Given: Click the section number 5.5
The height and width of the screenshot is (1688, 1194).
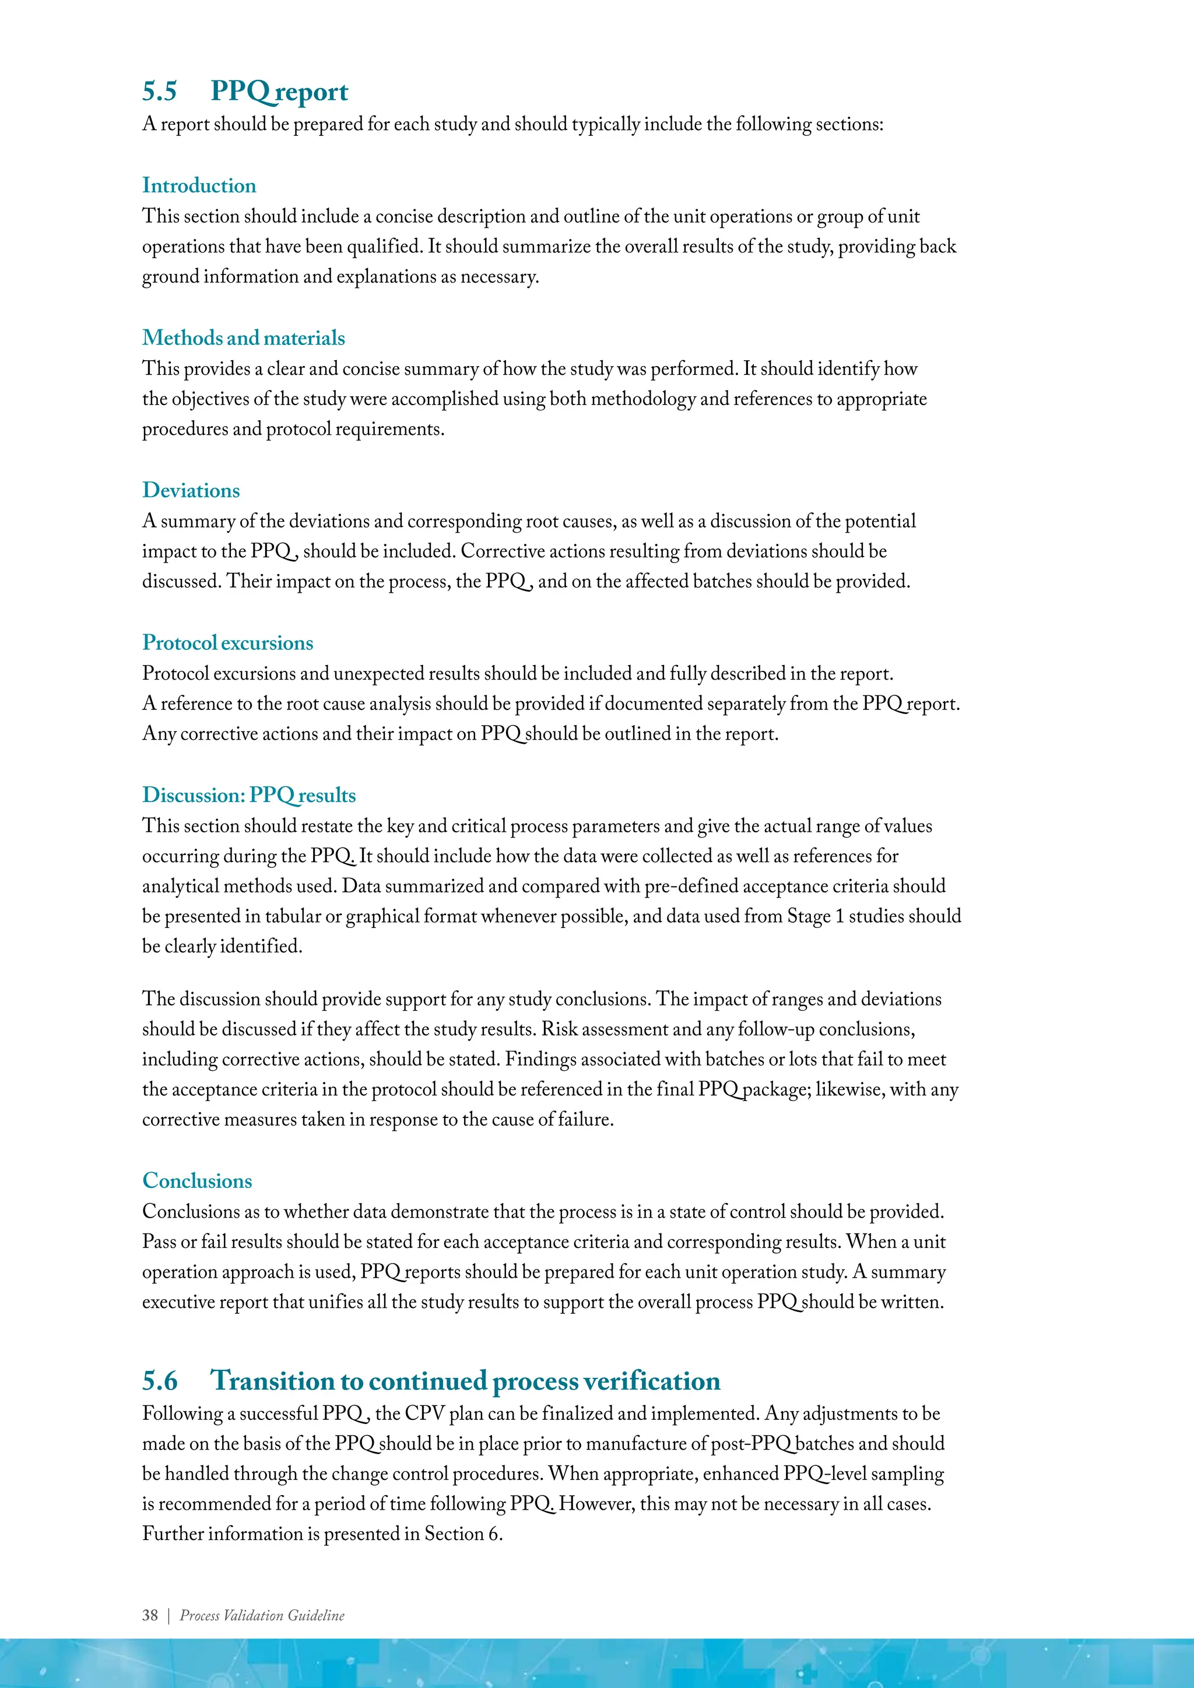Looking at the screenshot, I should [x=160, y=91].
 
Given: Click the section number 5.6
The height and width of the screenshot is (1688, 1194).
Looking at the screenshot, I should [x=160, y=1381].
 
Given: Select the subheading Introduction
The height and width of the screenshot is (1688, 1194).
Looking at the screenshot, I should [x=199, y=185].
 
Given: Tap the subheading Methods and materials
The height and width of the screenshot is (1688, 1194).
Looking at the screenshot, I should [x=243, y=337].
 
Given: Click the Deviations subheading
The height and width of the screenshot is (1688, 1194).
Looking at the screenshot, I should [x=191, y=490].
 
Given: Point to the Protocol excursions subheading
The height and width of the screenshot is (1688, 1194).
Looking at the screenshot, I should [x=227, y=642].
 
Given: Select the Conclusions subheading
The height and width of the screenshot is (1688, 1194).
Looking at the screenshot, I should [x=197, y=1181].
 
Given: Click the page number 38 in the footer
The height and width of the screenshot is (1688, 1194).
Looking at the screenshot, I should [x=150, y=1615].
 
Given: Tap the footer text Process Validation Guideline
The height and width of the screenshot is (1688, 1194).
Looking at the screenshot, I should [x=262, y=1615].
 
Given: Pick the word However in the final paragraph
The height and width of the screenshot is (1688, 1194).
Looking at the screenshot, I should [x=595, y=1504].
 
